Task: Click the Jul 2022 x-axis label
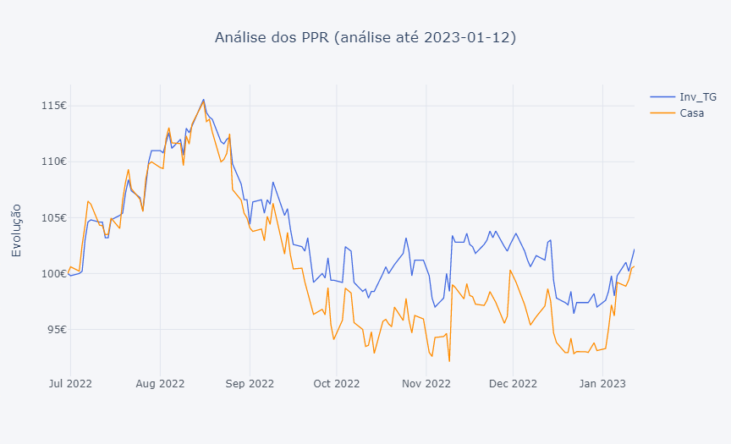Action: [x=69, y=384]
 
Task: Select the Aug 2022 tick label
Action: [x=160, y=384]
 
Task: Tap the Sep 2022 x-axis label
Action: [x=250, y=384]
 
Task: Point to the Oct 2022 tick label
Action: [x=336, y=384]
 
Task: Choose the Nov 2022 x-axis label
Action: [x=426, y=384]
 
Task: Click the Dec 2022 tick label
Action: [x=513, y=384]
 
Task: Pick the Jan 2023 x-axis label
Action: [x=602, y=384]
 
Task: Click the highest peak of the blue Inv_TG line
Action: [x=203, y=99]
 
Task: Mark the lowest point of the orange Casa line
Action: [x=449, y=361]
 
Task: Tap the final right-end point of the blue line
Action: [x=634, y=249]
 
